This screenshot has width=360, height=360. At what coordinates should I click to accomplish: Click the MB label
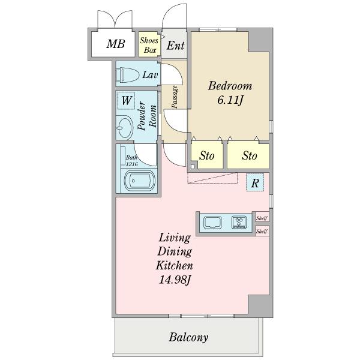point(116,44)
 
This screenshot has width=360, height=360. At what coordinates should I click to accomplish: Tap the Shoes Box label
point(149,45)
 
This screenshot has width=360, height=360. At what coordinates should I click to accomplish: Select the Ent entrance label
point(175,46)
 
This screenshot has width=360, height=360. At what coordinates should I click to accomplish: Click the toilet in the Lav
point(128,75)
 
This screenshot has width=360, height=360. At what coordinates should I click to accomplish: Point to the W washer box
point(126,100)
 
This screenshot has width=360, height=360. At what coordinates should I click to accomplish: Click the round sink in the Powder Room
point(124,127)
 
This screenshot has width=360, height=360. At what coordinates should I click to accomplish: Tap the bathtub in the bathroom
point(140,181)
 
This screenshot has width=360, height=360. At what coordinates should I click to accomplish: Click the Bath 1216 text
point(131,161)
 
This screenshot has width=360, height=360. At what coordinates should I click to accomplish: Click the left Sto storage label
point(207,155)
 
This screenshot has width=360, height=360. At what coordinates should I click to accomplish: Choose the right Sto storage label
point(250,155)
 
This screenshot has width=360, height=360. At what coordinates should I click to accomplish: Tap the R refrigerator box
point(255,182)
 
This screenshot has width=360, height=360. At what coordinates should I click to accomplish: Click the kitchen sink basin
point(212,223)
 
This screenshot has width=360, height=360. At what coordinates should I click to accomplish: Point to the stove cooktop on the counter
point(239,222)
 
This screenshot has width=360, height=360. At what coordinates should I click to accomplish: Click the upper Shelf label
point(262,218)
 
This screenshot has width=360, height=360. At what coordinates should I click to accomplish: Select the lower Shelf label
point(262,231)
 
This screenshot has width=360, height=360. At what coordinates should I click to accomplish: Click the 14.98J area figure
point(175,280)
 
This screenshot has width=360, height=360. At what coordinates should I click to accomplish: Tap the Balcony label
point(189,337)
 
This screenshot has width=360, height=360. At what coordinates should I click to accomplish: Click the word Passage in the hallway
point(175,97)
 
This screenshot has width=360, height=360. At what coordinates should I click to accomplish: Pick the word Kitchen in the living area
point(175,265)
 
